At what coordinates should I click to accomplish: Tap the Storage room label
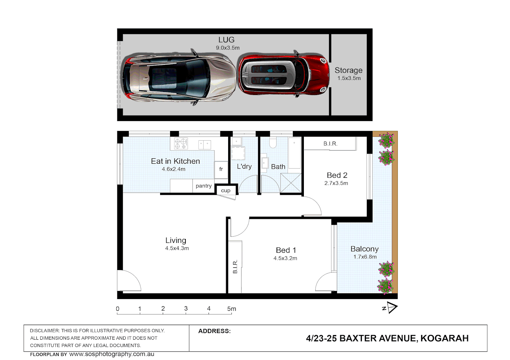pyautogui.click(x=348, y=70)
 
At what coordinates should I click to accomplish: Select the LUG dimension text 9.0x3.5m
pyautogui.click(x=227, y=48)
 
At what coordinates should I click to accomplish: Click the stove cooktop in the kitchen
pyautogui.click(x=181, y=143)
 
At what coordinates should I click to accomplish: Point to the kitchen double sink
pyautogui.click(x=204, y=145)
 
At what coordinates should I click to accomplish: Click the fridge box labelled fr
pyautogui.click(x=221, y=169)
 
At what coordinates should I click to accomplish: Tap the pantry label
pyautogui.click(x=203, y=186)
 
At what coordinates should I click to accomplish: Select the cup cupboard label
pyautogui.click(x=225, y=191)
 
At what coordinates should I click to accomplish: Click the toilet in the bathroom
pyautogui.click(x=273, y=143)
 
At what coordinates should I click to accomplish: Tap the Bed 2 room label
pyautogui.click(x=337, y=175)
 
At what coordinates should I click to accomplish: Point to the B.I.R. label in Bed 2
pyautogui.click(x=330, y=144)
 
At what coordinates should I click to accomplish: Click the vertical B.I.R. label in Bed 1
pyautogui.click(x=235, y=267)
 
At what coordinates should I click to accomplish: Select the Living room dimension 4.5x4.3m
pyautogui.click(x=177, y=248)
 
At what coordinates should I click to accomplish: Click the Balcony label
pyautogui.click(x=364, y=249)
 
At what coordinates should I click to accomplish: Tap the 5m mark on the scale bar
pyautogui.click(x=231, y=309)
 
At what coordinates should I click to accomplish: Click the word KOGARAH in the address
pyautogui.click(x=444, y=338)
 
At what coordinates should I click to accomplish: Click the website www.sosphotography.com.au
pyautogui.click(x=112, y=354)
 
